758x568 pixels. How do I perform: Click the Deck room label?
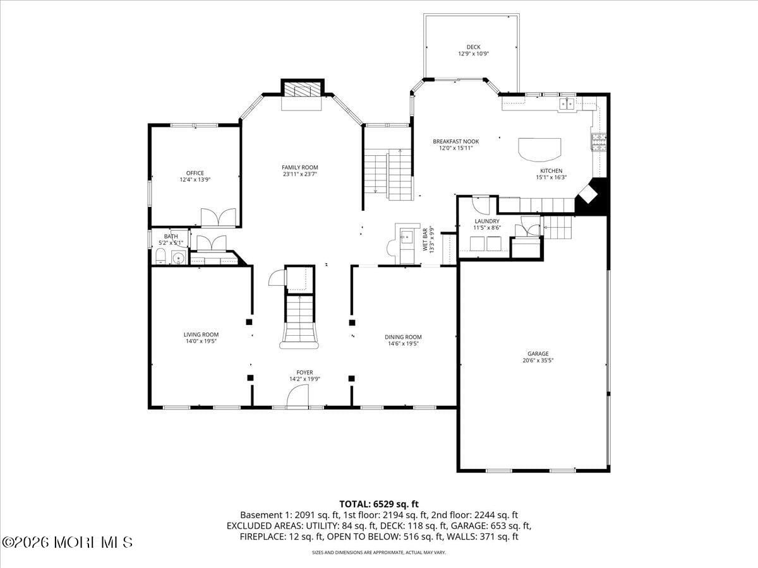(473, 47)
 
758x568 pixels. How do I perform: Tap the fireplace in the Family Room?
(302, 90)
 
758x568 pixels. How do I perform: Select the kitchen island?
(539, 150)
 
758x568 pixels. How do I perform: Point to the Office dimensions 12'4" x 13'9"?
(195, 180)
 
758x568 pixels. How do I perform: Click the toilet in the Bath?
(160, 256)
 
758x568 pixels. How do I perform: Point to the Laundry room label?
(487, 221)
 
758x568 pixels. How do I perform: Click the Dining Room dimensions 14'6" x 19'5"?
(403, 344)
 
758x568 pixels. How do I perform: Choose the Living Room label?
(201, 334)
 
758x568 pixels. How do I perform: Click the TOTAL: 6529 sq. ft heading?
(379, 504)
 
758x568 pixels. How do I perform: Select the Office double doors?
(218, 217)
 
